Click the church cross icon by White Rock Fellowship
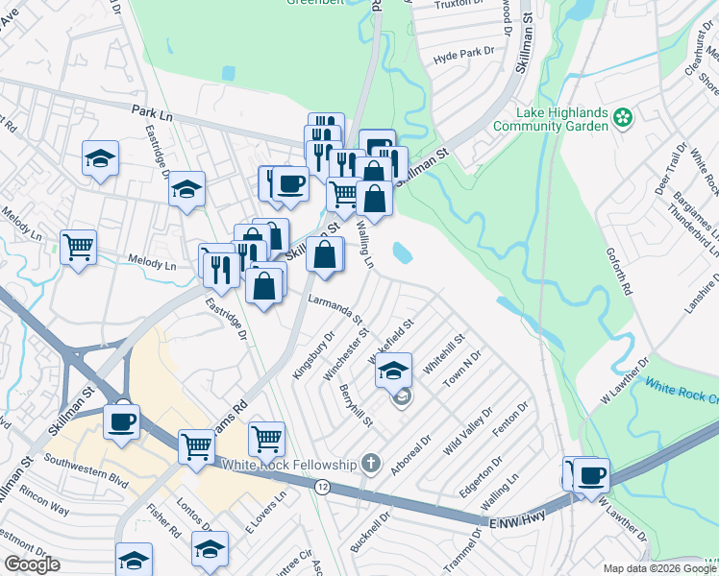pos(371,465)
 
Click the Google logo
pos(32,564)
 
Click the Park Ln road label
pos(151,115)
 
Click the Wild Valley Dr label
pos(469,426)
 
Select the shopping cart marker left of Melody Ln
pos(78,247)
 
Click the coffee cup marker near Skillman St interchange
pos(121,421)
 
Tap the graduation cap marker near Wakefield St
pos(393,371)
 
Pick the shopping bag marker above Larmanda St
pos(325,254)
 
